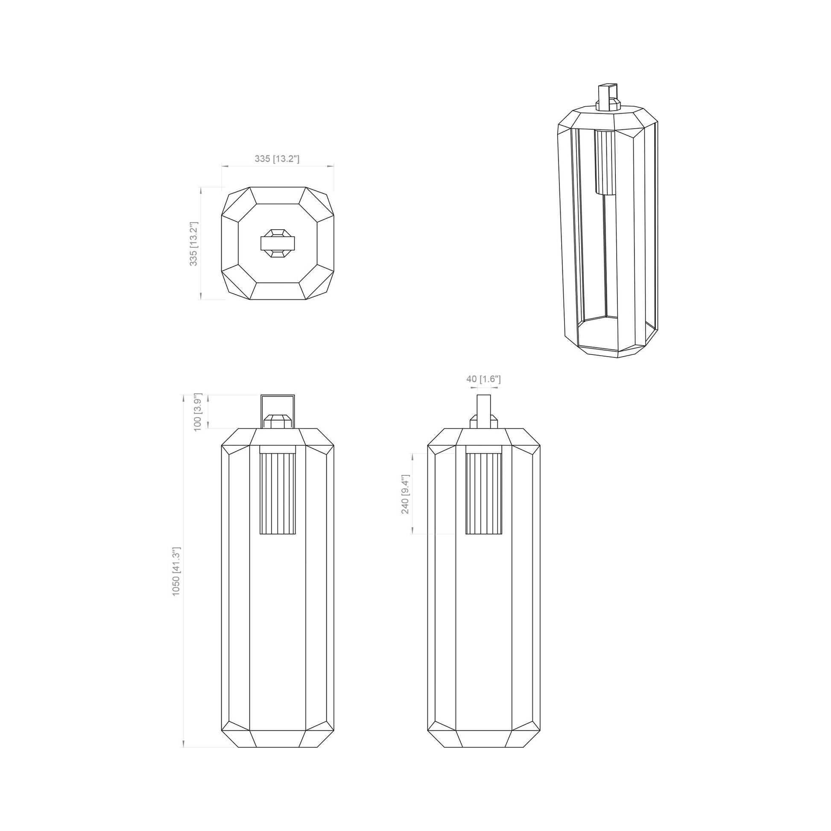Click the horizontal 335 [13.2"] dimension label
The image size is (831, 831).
point(277,159)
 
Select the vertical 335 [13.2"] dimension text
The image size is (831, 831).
point(194,243)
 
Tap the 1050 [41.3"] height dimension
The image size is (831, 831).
point(176,571)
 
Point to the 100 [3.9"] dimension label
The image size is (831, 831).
point(198,412)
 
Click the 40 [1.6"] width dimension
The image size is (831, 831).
point(483,379)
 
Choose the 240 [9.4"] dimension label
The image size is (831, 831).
point(406,494)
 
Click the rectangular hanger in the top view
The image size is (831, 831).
point(278,243)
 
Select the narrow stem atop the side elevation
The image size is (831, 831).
point(484,411)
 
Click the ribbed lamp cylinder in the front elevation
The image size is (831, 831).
point(278,490)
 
